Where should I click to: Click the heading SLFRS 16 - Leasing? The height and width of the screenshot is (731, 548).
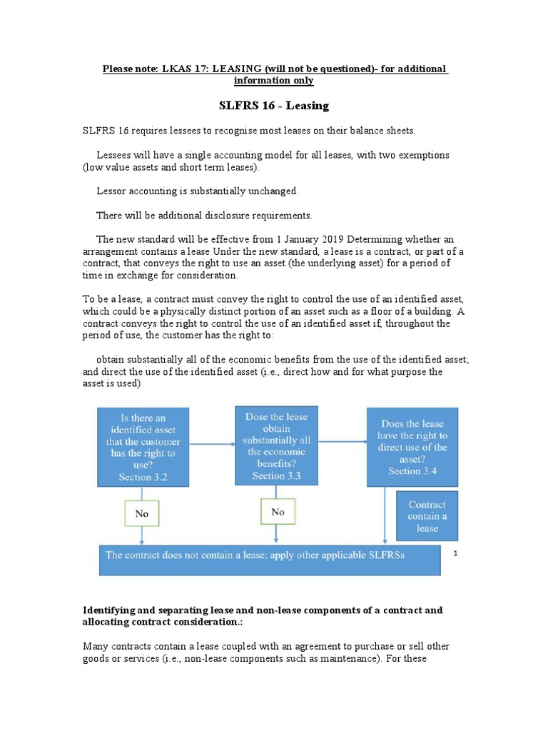[273, 106]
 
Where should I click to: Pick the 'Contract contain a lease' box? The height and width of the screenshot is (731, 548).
[427, 516]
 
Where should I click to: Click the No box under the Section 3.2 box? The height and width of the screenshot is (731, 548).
[142, 513]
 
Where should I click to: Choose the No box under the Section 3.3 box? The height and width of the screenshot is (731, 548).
[278, 512]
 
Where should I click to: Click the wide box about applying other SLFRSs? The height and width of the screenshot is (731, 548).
[270, 559]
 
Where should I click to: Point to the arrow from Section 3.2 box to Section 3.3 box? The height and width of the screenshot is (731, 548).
[212, 444]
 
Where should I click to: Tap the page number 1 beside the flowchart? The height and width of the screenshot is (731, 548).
[456, 553]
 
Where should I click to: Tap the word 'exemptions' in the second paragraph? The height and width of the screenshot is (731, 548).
[425, 154]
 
